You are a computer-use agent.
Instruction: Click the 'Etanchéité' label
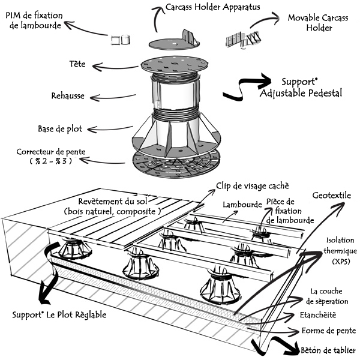(317, 315)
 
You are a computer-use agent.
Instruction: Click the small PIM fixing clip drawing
(121, 40)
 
